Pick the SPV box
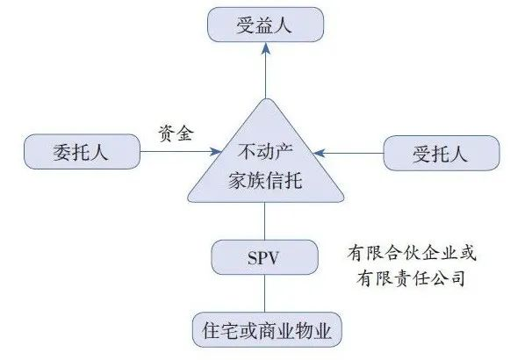264,257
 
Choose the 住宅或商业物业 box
265,331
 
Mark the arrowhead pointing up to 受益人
265,52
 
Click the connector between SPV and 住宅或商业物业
265,296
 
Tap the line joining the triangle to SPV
265,224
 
